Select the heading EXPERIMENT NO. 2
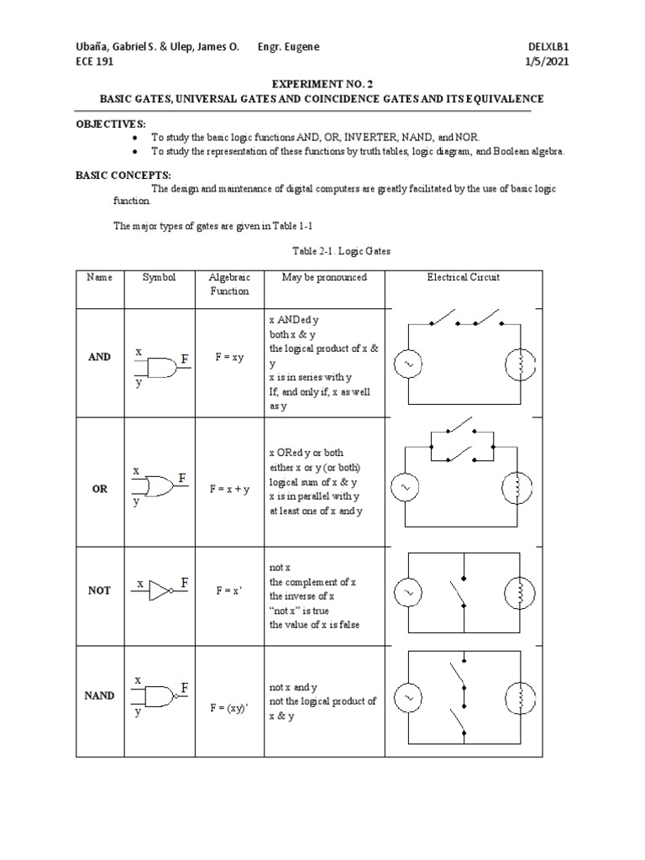click(322, 85)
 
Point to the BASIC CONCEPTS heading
click(123, 175)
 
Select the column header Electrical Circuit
click(463, 277)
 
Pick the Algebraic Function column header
click(229, 284)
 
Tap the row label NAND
click(100, 696)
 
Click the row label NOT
click(100, 590)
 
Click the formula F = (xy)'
click(229, 708)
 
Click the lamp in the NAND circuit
click(518, 697)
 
